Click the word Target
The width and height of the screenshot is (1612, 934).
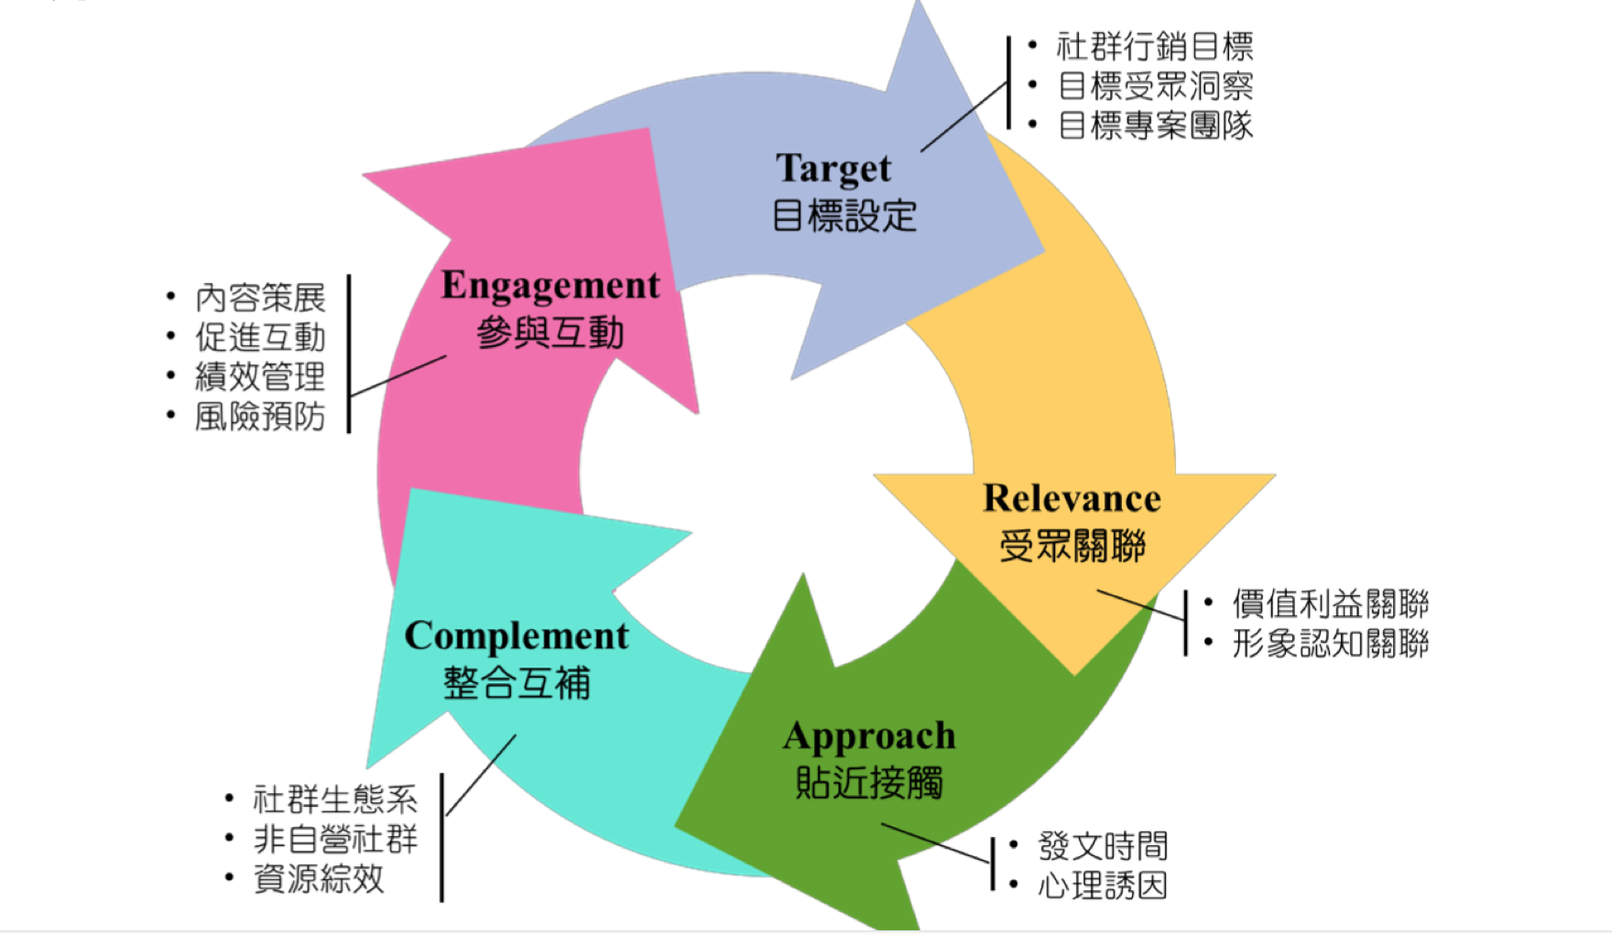(833, 168)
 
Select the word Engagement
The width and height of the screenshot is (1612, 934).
(550, 286)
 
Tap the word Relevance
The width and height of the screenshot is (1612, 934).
(1072, 498)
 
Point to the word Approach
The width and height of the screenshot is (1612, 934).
(869, 736)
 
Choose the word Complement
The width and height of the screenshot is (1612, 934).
(517, 635)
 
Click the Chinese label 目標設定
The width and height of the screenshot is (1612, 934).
(844, 216)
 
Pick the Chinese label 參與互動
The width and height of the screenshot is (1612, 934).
(550, 332)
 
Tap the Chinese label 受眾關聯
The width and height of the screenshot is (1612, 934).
(1073, 547)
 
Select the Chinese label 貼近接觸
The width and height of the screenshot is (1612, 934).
(869, 783)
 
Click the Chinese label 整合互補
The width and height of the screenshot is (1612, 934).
(517, 683)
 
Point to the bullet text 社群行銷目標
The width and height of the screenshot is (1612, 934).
(1154, 46)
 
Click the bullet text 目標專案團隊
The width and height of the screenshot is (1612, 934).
(1155, 125)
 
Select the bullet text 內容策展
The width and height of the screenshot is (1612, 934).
(260, 298)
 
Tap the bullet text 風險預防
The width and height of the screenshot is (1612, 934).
(260, 417)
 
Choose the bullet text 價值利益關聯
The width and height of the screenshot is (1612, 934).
(1330, 604)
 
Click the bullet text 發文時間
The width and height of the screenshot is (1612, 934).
(1103, 846)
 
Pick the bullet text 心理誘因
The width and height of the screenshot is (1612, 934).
(1103, 885)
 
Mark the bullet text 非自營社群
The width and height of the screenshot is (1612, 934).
(335, 839)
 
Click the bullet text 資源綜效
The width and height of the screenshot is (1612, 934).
(319, 879)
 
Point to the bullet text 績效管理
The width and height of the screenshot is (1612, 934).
(260, 376)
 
